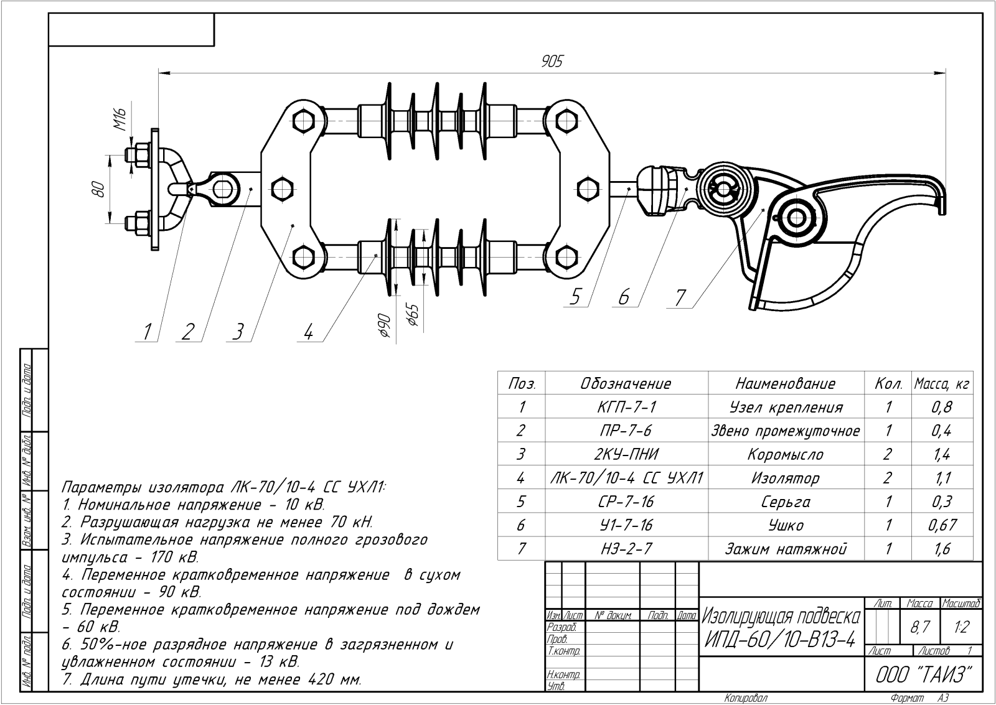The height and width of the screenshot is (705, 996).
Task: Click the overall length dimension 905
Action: tap(552, 61)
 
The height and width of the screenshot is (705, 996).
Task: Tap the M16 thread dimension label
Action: tap(120, 118)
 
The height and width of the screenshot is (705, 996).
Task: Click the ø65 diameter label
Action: tap(413, 315)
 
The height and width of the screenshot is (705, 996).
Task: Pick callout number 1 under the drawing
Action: tap(147, 332)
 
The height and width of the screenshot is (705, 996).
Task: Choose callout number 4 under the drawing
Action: tap(308, 332)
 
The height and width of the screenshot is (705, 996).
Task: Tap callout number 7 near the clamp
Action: tap(680, 298)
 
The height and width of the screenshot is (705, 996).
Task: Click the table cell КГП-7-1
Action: tap(626, 408)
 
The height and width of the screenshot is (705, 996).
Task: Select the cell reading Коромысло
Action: tap(786, 455)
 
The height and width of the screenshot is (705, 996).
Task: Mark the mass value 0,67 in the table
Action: tap(942, 525)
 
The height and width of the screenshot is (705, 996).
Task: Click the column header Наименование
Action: tap(786, 383)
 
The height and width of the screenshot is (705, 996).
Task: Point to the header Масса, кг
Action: tap(942, 384)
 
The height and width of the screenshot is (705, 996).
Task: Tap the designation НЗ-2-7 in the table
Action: tap(626, 549)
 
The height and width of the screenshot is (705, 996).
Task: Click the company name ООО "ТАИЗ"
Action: tap(923, 675)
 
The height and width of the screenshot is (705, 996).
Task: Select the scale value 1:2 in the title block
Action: tap(961, 627)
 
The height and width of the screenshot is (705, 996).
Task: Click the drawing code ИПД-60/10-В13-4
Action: tap(781, 638)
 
